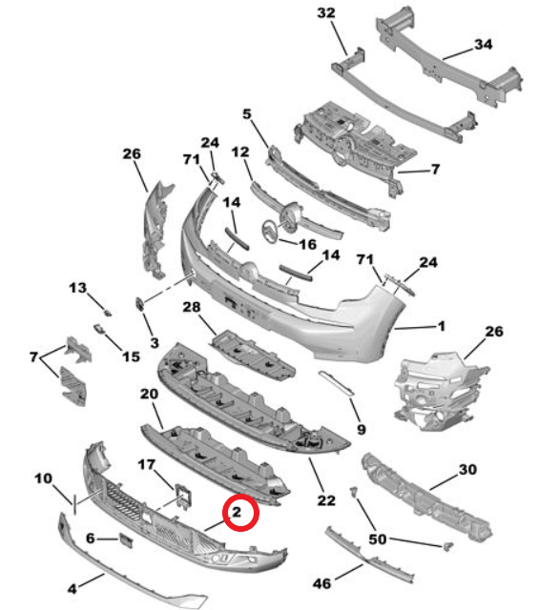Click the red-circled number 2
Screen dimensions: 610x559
242,513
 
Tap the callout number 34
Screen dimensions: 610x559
484,45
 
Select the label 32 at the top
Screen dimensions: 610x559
326,13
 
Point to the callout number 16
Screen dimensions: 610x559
307,245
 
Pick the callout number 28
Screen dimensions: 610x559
191,307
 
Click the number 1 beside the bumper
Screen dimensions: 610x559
441,327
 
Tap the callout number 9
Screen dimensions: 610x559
360,430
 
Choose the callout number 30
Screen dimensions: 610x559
466,469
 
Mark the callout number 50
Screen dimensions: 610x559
379,539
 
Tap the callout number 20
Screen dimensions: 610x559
148,394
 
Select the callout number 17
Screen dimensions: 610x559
146,464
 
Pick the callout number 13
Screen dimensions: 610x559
77,287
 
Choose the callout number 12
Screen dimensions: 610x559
239,152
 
